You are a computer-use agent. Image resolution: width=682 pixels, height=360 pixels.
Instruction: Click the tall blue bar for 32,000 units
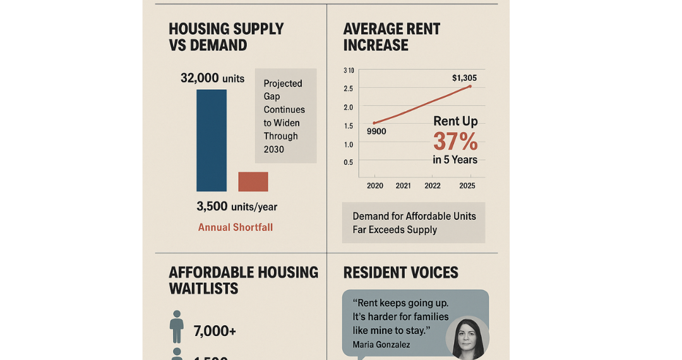[x=212, y=140]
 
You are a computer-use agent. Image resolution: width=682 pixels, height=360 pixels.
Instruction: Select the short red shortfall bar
[x=253, y=182]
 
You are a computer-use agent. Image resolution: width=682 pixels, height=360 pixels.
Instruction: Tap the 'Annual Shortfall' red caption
[x=236, y=227]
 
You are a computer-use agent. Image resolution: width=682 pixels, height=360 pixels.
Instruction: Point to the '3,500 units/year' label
[x=237, y=207]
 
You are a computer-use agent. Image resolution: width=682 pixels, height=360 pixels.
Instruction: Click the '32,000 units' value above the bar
[x=212, y=78]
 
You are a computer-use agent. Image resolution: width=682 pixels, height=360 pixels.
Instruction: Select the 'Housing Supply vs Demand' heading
[x=226, y=37]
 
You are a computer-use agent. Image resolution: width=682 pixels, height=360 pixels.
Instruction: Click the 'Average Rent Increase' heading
[x=392, y=37]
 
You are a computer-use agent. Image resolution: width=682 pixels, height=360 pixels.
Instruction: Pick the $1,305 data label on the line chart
[x=464, y=78]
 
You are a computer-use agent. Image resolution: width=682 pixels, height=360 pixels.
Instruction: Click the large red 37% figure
[x=455, y=141]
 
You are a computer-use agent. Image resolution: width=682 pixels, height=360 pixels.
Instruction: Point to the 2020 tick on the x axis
[x=374, y=186]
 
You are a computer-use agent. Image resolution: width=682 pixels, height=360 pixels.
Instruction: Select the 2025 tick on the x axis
[x=467, y=186]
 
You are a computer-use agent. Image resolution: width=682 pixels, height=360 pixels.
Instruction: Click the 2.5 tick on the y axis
[x=348, y=88]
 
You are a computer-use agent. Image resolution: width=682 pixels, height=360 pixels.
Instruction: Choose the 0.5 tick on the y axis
[x=348, y=162]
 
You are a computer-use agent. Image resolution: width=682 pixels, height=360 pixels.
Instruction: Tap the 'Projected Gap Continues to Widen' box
[x=285, y=116]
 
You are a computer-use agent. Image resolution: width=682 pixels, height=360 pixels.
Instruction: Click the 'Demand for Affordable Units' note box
[x=414, y=223]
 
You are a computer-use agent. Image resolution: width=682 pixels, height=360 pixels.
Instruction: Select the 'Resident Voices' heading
[x=400, y=273]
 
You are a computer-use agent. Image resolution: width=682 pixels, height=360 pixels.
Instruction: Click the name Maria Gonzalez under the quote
[x=382, y=345]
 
